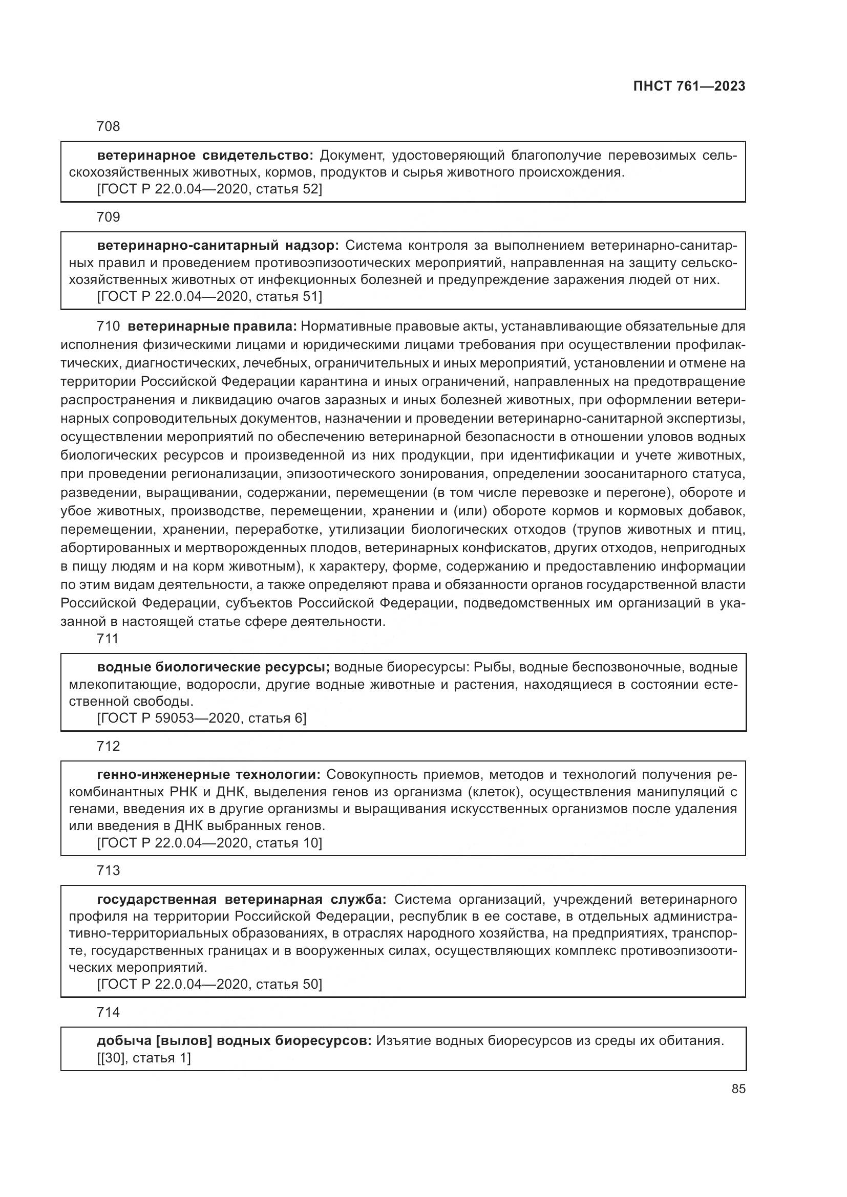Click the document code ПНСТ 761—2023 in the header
[x=689, y=86]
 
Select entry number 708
[x=109, y=126]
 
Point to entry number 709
[x=109, y=217]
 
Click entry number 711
[x=108, y=639]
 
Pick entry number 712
[x=109, y=746]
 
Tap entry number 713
[x=109, y=870]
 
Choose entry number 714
[x=109, y=1012]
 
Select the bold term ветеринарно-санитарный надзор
[x=218, y=245]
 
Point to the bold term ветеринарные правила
[x=213, y=327]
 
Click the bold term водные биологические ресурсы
[x=214, y=667]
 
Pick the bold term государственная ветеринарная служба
[x=242, y=899]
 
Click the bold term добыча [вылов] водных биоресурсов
[x=234, y=1040]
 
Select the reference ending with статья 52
[x=209, y=189]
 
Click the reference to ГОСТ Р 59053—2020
[x=202, y=718]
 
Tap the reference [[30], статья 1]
[x=144, y=1058]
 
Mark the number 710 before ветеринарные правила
[x=109, y=327]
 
